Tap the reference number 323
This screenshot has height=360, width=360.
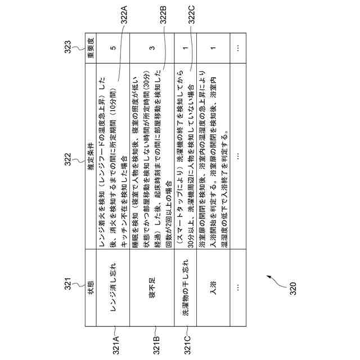[67, 45]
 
